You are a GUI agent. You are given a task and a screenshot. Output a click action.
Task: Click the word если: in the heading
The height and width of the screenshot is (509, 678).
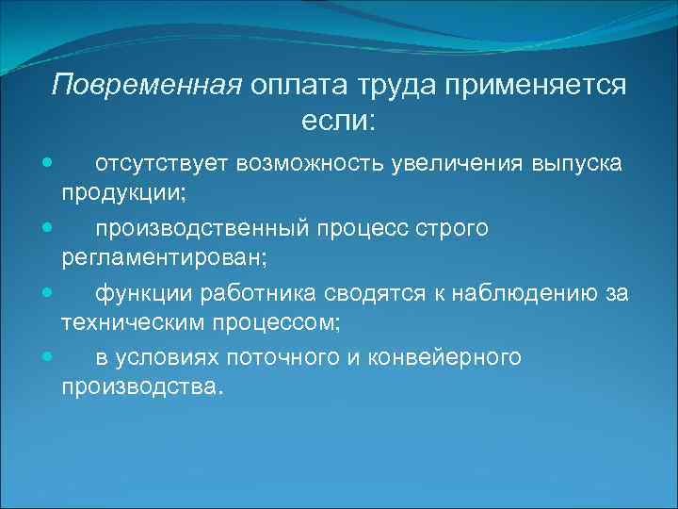(338, 120)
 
